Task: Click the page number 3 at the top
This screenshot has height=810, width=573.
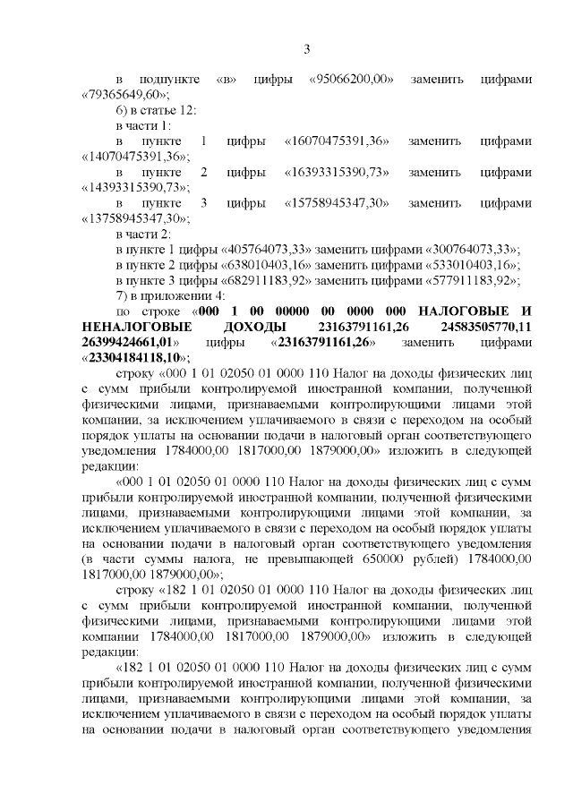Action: [306, 49]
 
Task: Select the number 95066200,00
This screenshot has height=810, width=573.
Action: [352, 79]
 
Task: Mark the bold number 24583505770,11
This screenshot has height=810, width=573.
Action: [480, 327]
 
